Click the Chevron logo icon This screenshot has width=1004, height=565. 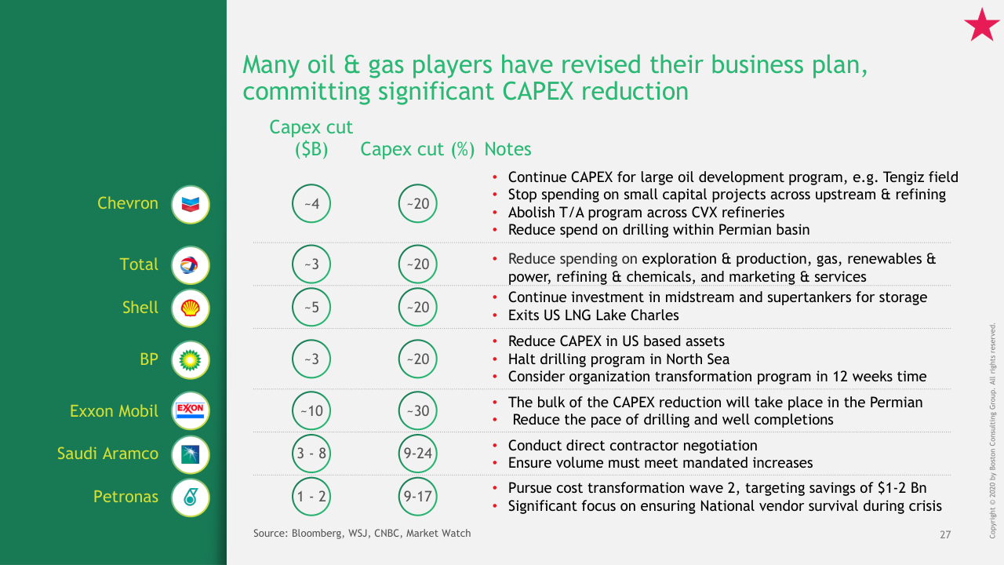point(191,205)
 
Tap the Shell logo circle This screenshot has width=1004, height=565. point(191,308)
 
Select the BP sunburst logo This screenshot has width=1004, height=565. point(191,359)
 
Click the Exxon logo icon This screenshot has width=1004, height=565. point(191,410)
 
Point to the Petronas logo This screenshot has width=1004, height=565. point(191,497)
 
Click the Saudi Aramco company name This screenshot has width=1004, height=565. point(107,454)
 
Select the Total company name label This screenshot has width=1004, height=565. point(139,264)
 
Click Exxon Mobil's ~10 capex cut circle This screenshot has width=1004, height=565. point(311,410)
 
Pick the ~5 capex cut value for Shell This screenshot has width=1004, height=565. point(311,307)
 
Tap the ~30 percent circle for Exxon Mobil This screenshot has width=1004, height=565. point(417,410)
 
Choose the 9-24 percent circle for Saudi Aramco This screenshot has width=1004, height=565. point(417,454)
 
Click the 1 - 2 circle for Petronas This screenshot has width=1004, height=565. point(311,497)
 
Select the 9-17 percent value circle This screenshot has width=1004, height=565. point(417,497)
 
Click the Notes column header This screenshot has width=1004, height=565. point(507,149)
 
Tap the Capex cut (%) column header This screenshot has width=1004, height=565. point(417,149)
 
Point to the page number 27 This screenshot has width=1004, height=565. point(945,534)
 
